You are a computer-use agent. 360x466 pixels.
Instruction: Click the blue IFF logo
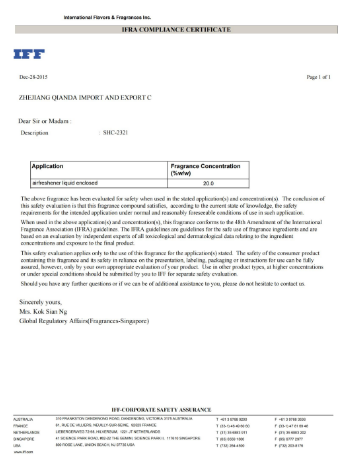[x=29, y=54]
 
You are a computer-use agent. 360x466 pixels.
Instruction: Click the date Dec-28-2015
[x=30, y=77]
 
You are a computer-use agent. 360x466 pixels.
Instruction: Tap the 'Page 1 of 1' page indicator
[x=319, y=77]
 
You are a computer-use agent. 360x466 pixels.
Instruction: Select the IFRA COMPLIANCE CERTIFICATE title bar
[x=176, y=30]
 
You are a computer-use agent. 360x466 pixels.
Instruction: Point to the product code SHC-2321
[x=115, y=133]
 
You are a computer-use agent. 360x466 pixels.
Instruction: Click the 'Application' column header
[x=48, y=166]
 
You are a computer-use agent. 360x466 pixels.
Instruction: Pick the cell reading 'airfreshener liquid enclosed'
[x=64, y=183]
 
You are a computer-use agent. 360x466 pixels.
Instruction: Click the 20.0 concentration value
[x=208, y=183]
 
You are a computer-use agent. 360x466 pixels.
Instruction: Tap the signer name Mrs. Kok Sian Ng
[x=44, y=311]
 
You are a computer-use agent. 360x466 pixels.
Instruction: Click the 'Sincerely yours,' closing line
[x=40, y=302]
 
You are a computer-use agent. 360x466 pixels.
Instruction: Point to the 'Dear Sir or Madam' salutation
[x=45, y=121]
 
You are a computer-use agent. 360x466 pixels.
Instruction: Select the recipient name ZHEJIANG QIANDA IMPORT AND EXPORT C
[x=85, y=98]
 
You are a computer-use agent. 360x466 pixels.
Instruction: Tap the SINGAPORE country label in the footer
[x=24, y=438]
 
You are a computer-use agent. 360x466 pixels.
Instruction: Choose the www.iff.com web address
[x=23, y=451]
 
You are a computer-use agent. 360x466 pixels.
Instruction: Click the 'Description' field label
[x=35, y=133]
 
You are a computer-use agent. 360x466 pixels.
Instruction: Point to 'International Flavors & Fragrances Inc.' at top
[x=107, y=18]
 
